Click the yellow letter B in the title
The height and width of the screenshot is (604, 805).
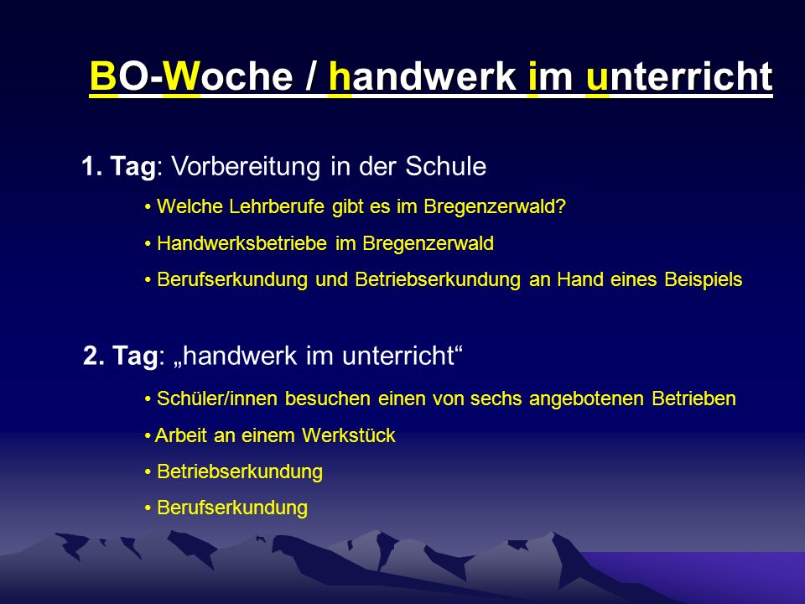tap(103, 76)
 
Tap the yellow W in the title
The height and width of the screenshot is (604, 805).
tap(181, 76)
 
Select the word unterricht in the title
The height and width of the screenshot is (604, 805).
tap(678, 76)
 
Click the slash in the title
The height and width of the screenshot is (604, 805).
tap(311, 76)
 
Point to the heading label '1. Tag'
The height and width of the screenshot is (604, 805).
tap(118, 167)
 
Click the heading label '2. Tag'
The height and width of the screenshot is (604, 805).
tap(120, 356)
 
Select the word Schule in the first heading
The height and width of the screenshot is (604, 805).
tap(445, 166)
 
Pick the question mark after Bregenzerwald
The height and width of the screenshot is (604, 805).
tap(561, 206)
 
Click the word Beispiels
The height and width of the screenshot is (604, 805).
tap(704, 280)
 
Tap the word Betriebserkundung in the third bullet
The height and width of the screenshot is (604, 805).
tap(438, 280)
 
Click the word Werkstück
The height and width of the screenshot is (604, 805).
tap(349, 435)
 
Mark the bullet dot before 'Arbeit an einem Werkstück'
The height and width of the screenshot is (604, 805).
tap(148, 436)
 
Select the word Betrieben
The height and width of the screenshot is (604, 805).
tap(693, 398)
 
